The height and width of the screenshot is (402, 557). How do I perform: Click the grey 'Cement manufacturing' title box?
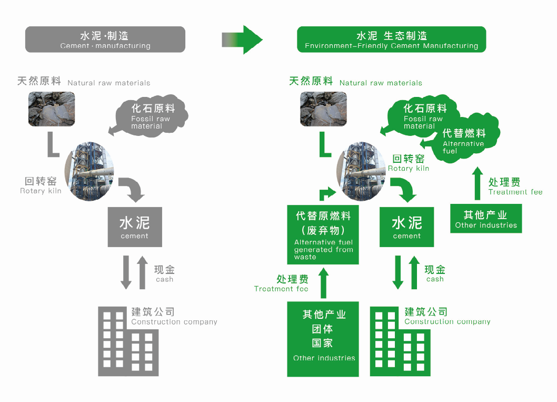point(105,40)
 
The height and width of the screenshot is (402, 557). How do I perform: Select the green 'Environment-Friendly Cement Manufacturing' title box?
point(391,40)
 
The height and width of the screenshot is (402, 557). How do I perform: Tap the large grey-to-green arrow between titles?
point(242,40)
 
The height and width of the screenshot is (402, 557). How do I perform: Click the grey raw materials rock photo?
point(51,109)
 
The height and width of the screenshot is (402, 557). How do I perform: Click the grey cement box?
point(135,227)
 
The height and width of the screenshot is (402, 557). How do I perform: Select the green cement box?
point(407,227)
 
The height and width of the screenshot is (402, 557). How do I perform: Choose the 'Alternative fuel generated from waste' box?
point(323,235)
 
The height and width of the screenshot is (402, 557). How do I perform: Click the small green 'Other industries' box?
point(486,219)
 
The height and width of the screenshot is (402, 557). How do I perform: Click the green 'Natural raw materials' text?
point(381,83)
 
